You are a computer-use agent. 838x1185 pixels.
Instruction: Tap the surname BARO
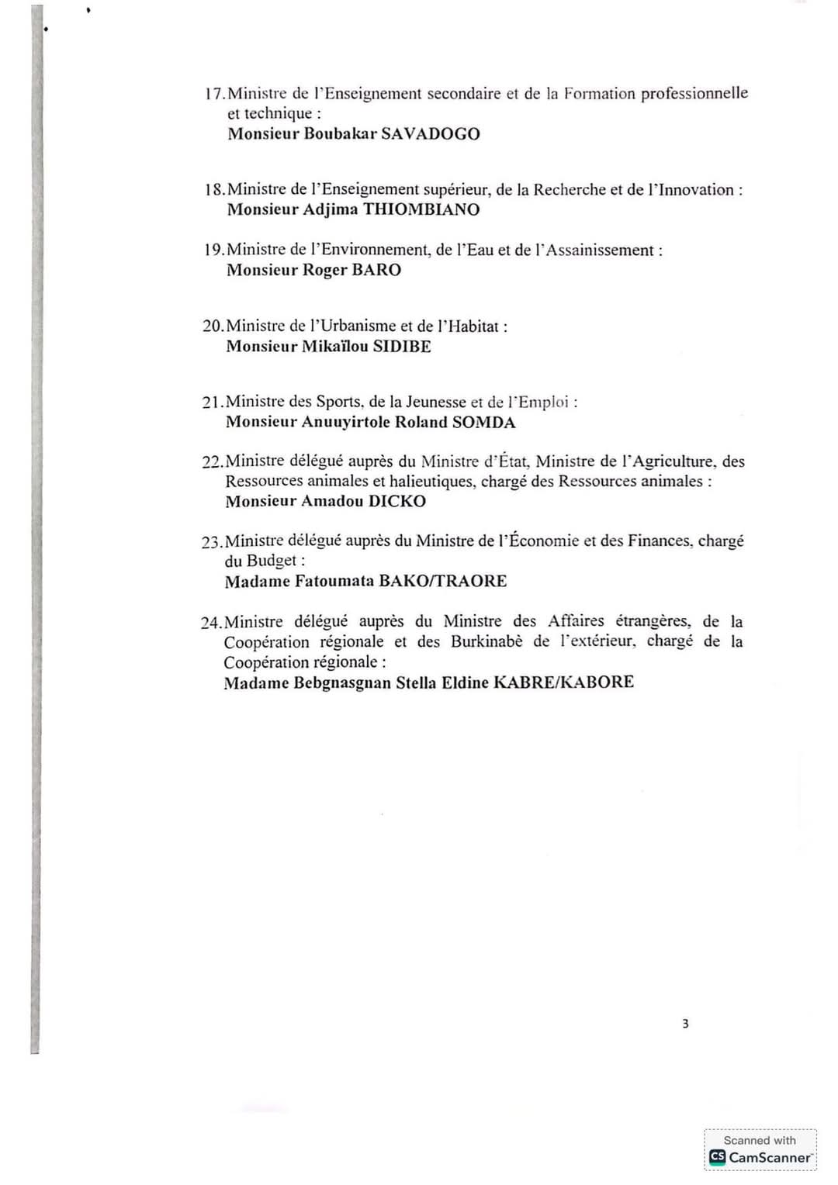(376, 270)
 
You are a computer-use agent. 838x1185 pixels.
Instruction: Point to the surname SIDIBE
(402, 346)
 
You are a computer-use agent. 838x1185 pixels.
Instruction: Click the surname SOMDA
(483, 422)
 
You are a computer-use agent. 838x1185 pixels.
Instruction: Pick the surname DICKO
(396, 501)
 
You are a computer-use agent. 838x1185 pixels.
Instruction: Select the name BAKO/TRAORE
(442, 581)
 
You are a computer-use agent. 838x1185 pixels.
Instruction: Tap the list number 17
(214, 95)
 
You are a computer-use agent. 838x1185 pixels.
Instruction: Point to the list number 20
(212, 326)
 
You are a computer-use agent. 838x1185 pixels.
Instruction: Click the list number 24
(210, 622)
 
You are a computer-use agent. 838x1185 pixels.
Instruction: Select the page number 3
(685, 1024)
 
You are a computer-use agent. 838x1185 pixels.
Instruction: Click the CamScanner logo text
(769, 1157)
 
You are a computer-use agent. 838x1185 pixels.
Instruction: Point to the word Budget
(272, 561)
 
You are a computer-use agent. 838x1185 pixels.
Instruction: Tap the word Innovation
(695, 190)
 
